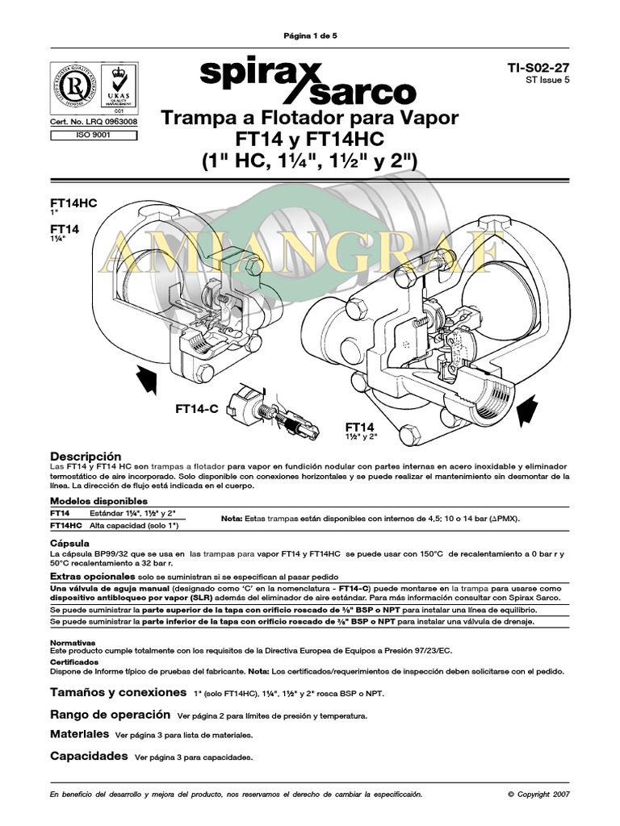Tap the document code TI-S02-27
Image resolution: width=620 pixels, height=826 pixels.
click(541, 69)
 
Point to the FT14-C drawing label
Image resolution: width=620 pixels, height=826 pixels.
click(197, 409)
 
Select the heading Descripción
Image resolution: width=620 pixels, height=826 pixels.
click(86, 457)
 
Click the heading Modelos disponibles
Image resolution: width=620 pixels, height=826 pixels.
click(98, 501)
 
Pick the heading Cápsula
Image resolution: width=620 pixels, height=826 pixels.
click(69, 543)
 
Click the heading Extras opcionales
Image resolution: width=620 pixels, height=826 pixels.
click(91, 578)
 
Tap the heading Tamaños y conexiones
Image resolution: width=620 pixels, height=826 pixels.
click(118, 692)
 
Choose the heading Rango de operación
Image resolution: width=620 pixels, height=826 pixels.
click(110, 714)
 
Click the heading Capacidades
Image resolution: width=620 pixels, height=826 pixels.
click(89, 756)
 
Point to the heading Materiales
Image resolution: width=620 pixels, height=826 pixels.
click(79, 735)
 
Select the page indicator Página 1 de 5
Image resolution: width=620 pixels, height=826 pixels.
click(309, 36)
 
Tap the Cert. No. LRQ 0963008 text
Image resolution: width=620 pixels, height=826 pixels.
click(94, 122)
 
